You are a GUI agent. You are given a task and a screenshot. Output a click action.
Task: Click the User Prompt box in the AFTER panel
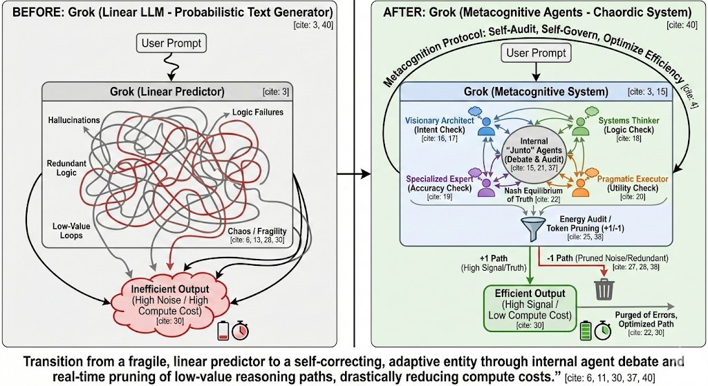(x=536, y=53)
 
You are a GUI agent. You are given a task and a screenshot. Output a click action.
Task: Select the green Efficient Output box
(x=529, y=304)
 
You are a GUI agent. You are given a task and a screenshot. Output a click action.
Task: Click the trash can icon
(x=604, y=290)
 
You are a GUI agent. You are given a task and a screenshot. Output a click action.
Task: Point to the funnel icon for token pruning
(x=531, y=227)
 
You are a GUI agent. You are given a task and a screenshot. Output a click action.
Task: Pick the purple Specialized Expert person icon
(x=485, y=183)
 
